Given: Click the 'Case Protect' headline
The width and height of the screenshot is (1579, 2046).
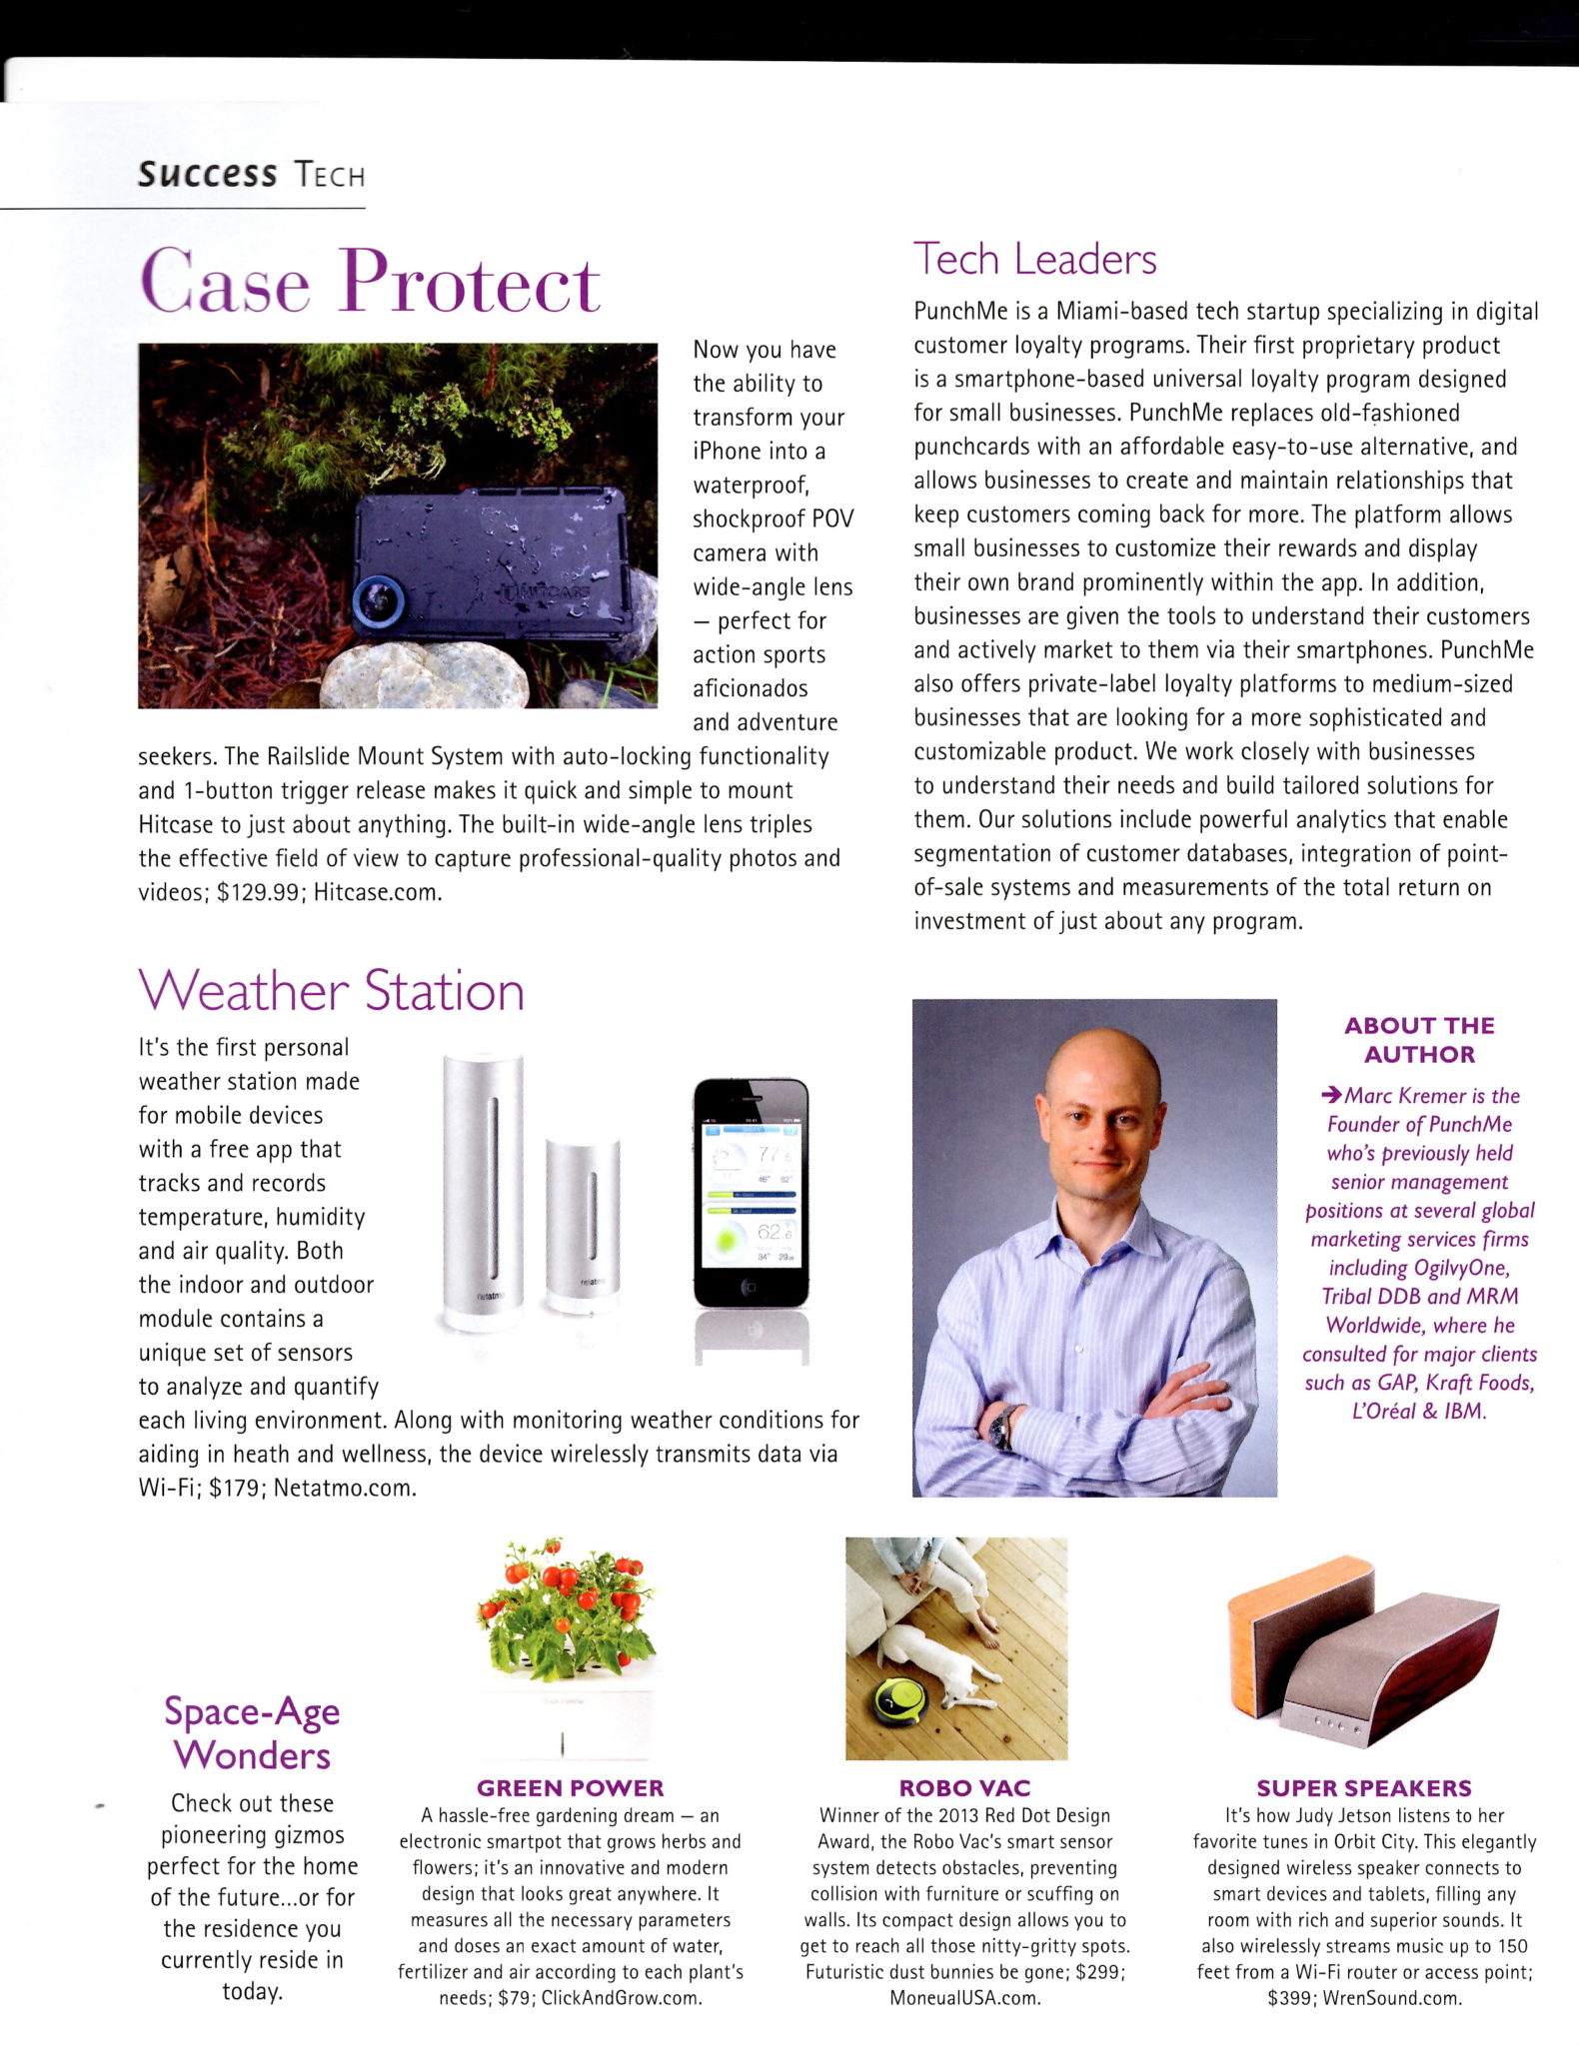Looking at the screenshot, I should [x=370, y=283].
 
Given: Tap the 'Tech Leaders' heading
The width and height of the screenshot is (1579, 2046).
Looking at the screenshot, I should [x=1034, y=260].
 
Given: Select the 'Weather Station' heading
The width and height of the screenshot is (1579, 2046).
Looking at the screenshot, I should [x=331, y=991].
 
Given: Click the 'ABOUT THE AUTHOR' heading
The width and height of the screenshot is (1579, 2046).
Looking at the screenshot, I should [x=1418, y=1040].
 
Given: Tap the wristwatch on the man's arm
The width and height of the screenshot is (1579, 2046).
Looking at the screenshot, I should [x=1001, y=1427].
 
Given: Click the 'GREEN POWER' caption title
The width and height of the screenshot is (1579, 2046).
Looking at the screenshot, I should [x=570, y=1788].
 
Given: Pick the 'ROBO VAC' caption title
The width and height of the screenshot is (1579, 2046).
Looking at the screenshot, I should [x=963, y=1788].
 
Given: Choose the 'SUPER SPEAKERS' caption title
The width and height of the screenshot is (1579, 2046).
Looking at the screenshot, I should [x=1363, y=1788].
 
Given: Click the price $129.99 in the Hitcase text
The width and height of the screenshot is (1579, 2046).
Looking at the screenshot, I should [x=258, y=893].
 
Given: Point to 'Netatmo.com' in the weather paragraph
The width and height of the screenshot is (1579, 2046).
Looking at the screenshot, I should [x=343, y=1488].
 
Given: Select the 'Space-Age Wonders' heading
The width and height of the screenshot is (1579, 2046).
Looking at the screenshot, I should [x=252, y=1733].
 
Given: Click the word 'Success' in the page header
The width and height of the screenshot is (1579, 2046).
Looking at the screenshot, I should [x=207, y=174].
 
